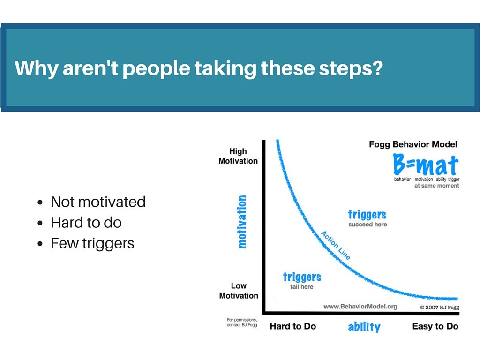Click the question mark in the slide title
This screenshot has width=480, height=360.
(x=377, y=67)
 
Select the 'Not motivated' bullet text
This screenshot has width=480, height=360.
(x=98, y=202)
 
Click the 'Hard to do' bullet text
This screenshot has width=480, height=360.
(x=86, y=223)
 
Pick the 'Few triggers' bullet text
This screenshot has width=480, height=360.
(x=92, y=244)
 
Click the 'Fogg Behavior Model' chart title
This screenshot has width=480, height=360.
(x=413, y=144)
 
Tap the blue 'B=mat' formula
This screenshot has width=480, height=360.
(x=426, y=165)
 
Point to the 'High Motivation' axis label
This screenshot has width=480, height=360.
(x=238, y=156)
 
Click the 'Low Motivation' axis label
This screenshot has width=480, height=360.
(x=239, y=291)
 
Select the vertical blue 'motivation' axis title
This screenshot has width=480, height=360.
(x=242, y=222)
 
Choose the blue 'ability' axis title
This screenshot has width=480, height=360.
(x=364, y=327)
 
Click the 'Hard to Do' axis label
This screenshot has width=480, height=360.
(x=292, y=326)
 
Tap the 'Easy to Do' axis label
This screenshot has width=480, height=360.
(x=435, y=326)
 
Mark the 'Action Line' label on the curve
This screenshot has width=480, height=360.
(x=336, y=245)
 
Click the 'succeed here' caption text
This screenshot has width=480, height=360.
(x=367, y=225)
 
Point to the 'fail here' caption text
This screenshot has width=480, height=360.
(x=302, y=287)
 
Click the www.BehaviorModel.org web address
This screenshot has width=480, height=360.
(x=360, y=307)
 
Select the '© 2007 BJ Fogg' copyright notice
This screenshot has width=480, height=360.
(x=440, y=307)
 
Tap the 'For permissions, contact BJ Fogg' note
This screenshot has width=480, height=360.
(x=242, y=322)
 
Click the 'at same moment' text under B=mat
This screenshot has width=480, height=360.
(x=437, y=186)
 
